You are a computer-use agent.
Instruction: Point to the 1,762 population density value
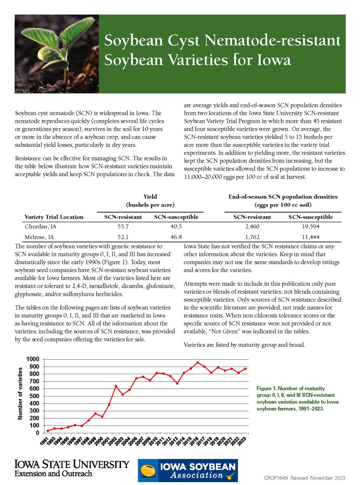pos(252,237)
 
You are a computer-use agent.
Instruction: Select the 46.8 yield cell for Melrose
pos(176,237)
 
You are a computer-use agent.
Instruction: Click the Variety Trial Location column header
pos(54,217)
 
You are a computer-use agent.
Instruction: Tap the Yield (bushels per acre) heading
pos(151,200)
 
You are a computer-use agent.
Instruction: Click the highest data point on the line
pos(198,363)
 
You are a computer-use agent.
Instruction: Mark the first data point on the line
pos(48,431)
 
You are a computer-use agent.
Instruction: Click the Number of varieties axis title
pos(21,394)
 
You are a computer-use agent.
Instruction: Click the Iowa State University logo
pos(72,468)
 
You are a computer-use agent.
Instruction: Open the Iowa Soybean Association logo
pos(188,470)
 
